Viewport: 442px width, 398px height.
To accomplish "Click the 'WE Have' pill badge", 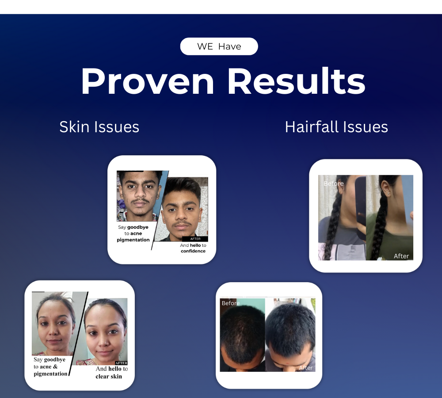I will coord(219,46).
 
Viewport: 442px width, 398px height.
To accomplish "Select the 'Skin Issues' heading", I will coord(99,127).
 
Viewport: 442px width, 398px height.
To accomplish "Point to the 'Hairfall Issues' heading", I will coord(336,127).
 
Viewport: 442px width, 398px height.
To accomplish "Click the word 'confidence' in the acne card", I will coord(193,251).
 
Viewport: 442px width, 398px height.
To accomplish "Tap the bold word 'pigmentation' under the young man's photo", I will coord(133,240).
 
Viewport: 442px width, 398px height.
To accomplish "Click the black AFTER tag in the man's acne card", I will coord(195,239).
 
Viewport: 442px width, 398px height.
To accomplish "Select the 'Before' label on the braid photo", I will coord(333,184).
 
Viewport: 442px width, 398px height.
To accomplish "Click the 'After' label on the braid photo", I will coord(401,256).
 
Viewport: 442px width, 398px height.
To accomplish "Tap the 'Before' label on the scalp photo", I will coord(230,303).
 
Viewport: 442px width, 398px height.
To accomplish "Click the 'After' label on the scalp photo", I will coord(305,367).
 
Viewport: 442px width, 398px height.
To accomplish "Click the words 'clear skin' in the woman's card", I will coord(109,376).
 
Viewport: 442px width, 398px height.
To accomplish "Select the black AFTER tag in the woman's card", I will coord(121,363).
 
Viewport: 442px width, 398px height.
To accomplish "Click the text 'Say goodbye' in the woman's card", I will coord(50,360).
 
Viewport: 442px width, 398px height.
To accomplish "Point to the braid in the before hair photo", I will coord(331,230).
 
